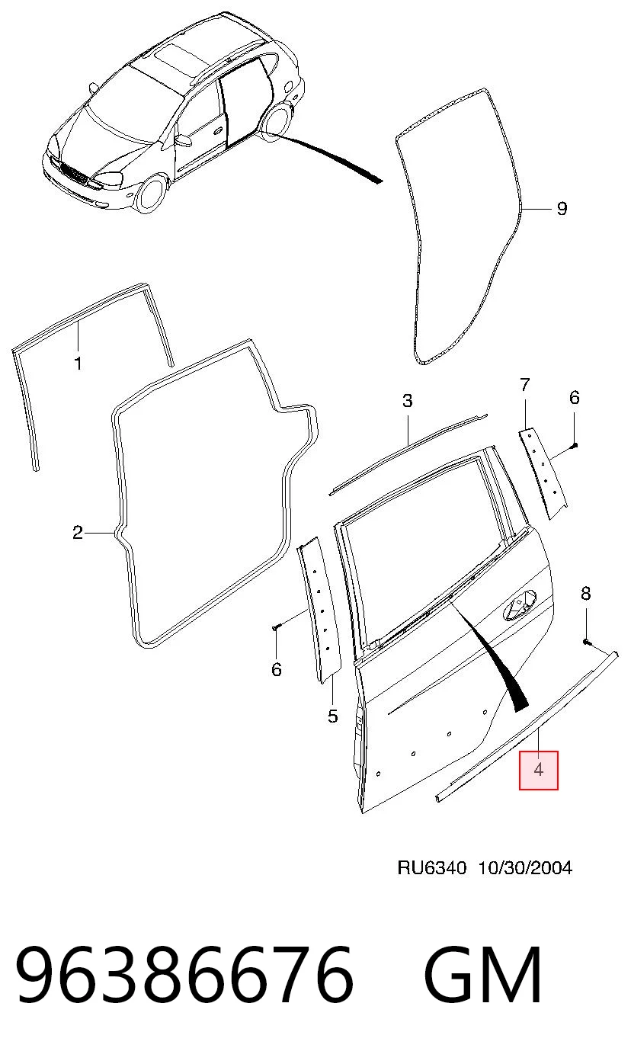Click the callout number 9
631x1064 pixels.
coord(562,208)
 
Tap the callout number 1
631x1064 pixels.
coord(78,364)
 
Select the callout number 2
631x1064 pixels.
coord(78,533)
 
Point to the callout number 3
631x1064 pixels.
coord(408,401)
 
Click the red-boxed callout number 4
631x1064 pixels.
coord(539,770)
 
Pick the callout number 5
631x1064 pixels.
coord(333,716)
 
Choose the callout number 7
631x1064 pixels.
coord(524,385)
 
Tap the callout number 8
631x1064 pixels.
coord(586,593)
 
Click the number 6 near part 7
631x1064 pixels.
coord(575,397)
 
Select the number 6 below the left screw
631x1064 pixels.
coord(277,669)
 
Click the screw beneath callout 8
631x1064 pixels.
coord(587,642)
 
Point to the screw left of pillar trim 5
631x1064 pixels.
coord(276,628)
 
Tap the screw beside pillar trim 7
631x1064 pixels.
coord(575,445)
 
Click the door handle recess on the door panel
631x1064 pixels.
coord(520,604)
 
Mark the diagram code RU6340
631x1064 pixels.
coord(432,868)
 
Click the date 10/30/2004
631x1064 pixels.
coord(524,868)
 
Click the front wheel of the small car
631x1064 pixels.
coord(151,194)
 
